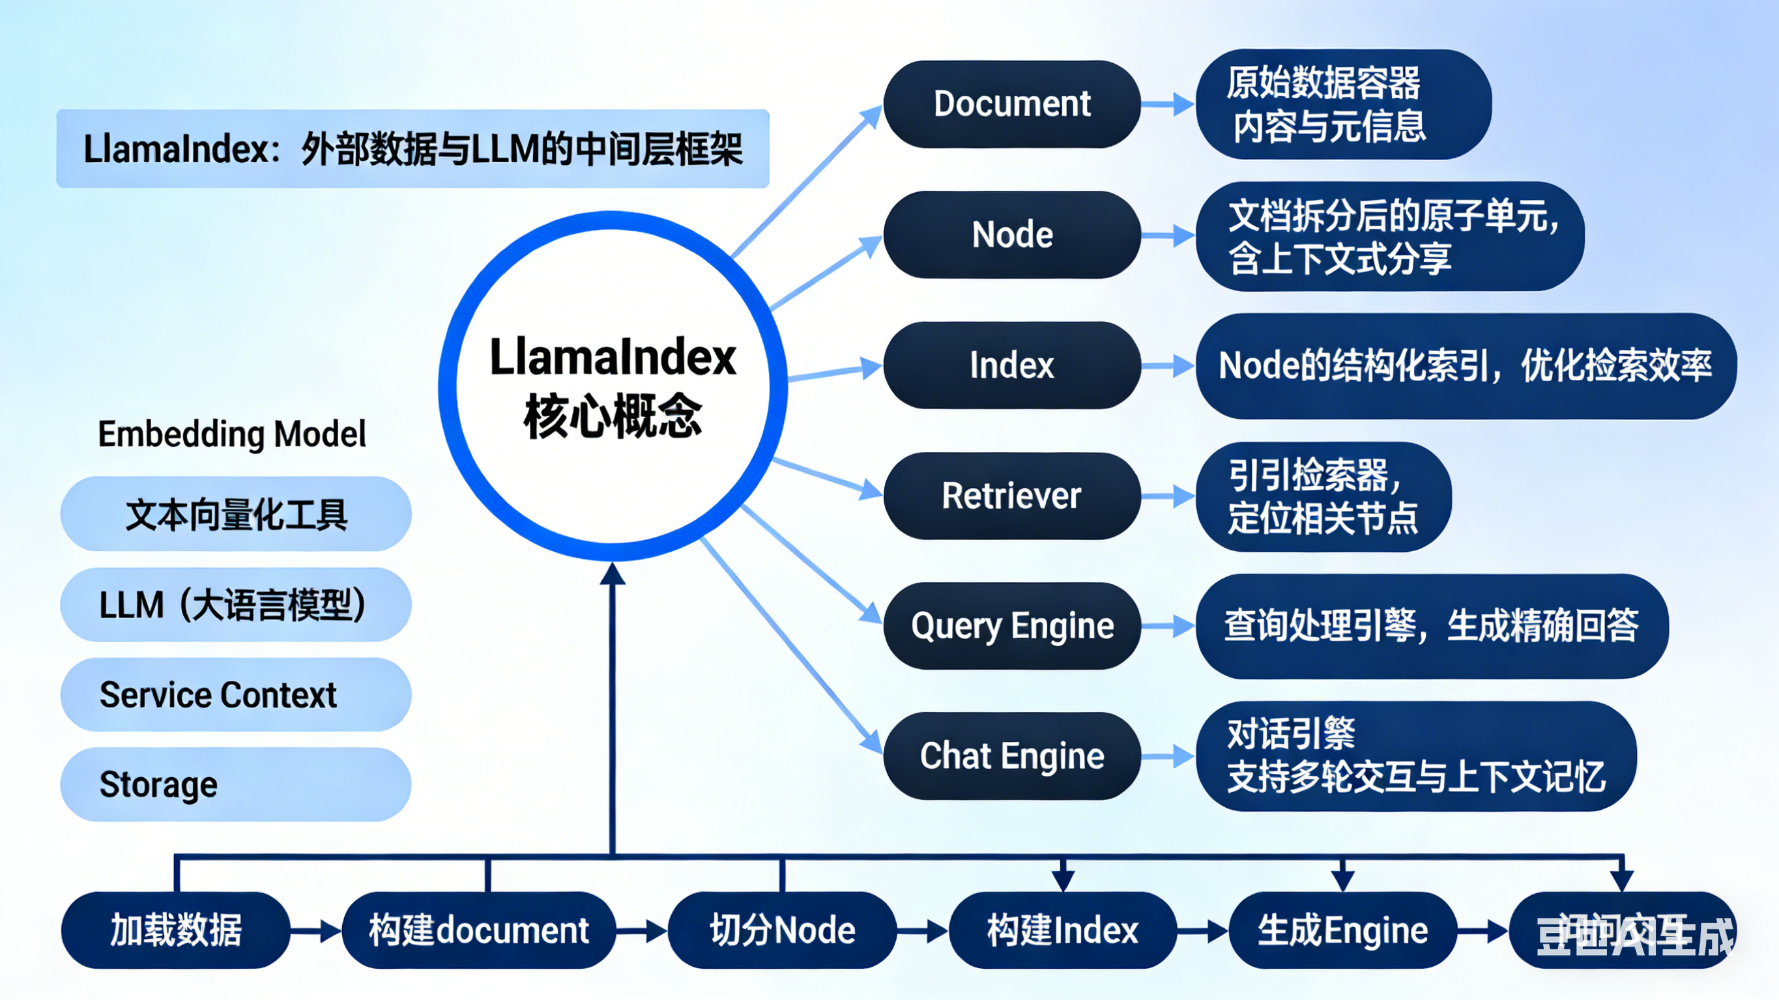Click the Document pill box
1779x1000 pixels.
(1012, 104)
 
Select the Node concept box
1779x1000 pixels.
(1012, 235)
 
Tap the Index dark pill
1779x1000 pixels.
(1012, 365)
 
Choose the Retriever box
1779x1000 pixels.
(1012, 496)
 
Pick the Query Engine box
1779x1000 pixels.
(1012, 625)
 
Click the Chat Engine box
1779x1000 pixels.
(1012, 756)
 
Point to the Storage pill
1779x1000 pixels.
(235, 784)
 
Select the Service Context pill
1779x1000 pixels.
(235, 694)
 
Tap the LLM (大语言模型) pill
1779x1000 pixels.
(235, 605)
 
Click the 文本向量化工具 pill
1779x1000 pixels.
(235, 515)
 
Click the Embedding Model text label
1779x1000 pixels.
(232, 435)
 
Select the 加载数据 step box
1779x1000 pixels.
(176, 930)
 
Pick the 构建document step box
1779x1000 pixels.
(478, 930)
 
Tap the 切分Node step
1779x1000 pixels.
(783, 930)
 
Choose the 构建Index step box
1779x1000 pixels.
(1062, 930)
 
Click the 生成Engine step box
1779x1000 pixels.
(1342, 930)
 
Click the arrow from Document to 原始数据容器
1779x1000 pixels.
(1167, 105)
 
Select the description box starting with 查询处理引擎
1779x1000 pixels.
(1431, 625)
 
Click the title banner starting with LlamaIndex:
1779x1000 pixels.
(412, 149)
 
